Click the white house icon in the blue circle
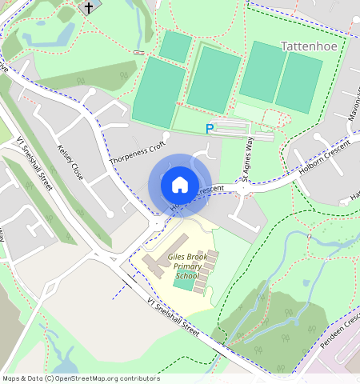point(180,185)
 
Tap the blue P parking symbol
point(210,128)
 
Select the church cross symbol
point(88,7)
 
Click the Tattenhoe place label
point(311,46)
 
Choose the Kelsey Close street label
point(70,161)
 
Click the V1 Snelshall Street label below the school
point(173,314)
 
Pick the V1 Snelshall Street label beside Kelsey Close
point(34,163)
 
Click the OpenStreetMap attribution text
point(80,378)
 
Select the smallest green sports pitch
point(174,46)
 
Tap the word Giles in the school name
point(160,258)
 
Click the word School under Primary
point(186,276)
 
